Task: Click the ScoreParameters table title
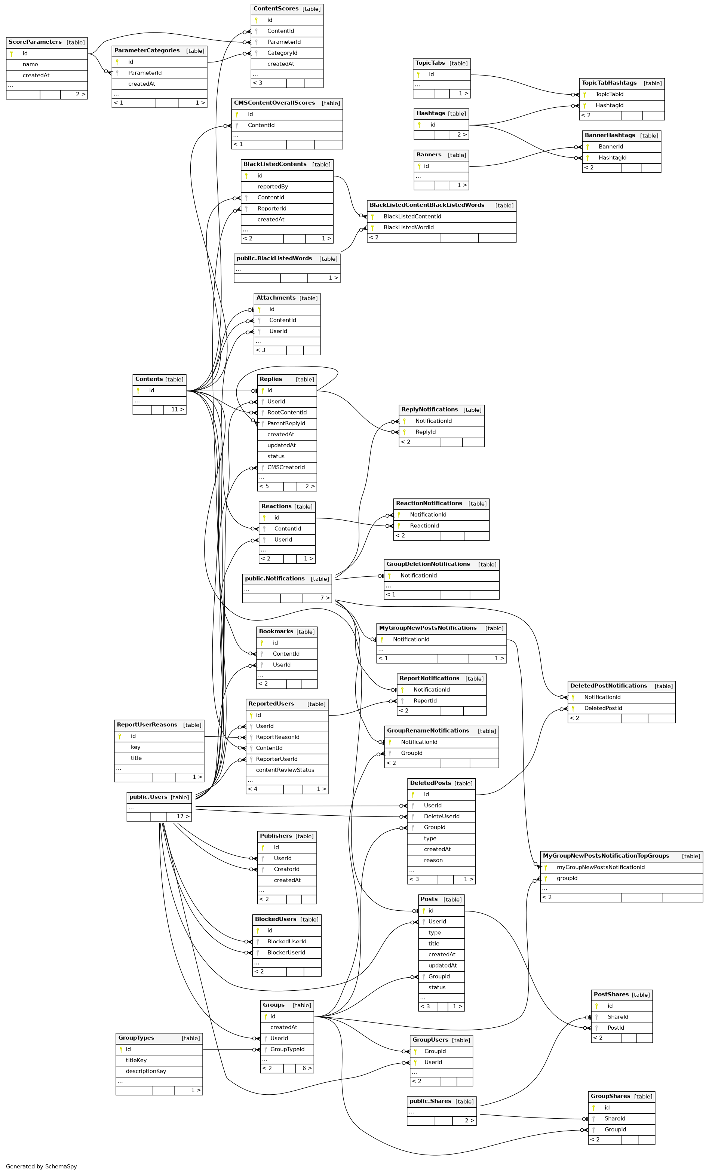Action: [35, 42]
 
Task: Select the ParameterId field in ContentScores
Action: [283, 42]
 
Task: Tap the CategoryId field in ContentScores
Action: [282, 53]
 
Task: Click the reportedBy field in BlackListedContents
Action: [273, 187]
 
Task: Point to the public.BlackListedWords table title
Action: [274, 258]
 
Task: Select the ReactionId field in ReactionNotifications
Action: [424, 526]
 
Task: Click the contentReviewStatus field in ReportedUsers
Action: [285, 770]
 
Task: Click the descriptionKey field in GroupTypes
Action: [146, 1072]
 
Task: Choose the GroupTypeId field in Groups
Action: [287, 1049]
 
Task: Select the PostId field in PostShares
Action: [615, 1028]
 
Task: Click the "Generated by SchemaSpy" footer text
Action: [42, 1167]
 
